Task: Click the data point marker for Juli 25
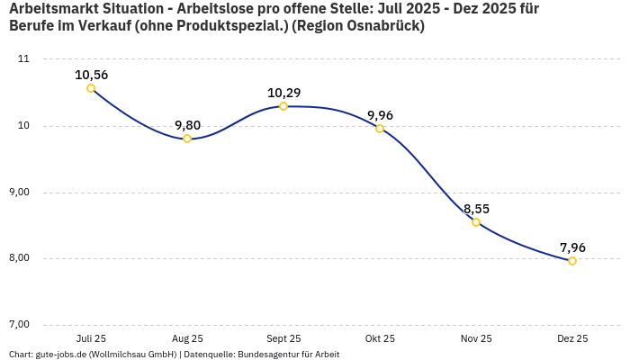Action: (91, 88)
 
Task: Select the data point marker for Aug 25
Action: (187, 139)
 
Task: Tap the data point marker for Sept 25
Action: (283, 106)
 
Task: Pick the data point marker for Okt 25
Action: (380, 129)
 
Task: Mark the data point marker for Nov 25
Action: (476, 222)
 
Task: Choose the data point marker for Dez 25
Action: (572, 261)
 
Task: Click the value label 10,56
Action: (91, 75)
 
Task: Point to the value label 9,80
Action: (187, 125)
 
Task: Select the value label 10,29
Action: (283, 93)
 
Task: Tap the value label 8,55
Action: (476, 209)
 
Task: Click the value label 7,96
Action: (572, 247)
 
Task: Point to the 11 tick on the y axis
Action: (23, 59)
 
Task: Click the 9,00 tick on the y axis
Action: (19, 193)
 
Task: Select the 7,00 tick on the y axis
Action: (19, 325)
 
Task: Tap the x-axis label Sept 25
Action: (283, 339)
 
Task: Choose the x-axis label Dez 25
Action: (572, 339)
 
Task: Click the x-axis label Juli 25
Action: (91, 339)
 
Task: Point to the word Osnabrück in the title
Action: (382, 26)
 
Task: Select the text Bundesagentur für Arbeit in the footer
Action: (288, 355)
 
